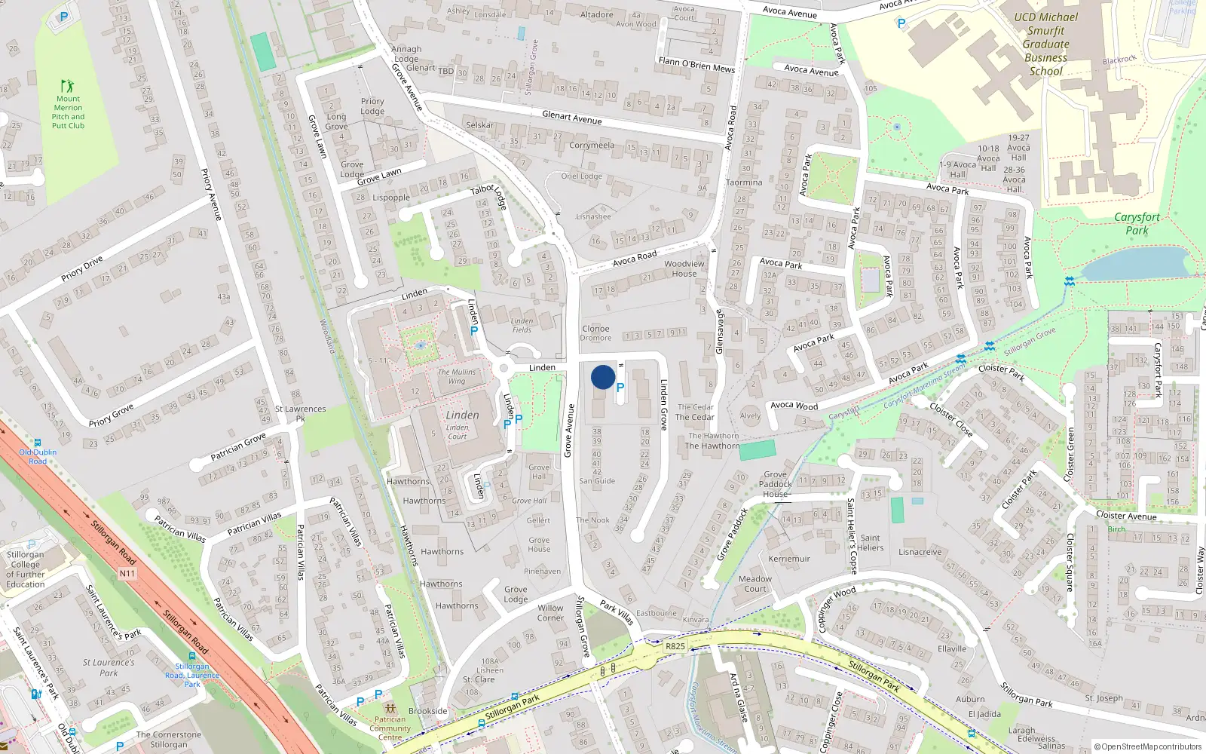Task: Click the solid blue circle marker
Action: (x=603, y=377)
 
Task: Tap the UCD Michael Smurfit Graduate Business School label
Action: (x=1045, y=44)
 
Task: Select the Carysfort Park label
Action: (x=1137, y=223)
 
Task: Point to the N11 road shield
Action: (x=127, y=574)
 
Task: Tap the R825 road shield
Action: (x=675, y=646)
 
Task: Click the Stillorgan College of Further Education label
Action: (x=26, y=569)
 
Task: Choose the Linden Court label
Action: (x=458, y=431)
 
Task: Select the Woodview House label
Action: (x=684, y=268)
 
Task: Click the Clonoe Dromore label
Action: (x=595, y=333)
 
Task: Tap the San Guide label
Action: (x=597, y=481)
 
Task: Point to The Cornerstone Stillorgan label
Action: (x=169, y=740)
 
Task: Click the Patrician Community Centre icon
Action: (x=390, y=709)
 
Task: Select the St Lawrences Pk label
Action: (x=300, y=413)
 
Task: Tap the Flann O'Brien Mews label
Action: (x=696, y=66)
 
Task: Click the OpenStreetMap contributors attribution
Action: (x=1148, y=746)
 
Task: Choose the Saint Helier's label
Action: (x=870, y=543)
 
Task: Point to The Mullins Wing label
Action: (x=457, y=376)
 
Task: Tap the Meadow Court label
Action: (x=755, y=584)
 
